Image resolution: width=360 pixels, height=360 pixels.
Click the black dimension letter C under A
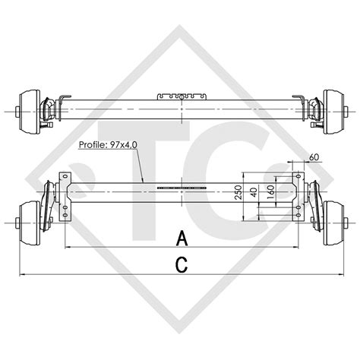(x=182, y=264)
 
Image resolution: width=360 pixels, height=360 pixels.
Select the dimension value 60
(x=314, y=157)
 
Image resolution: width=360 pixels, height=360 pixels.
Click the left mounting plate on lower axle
(x=69, y=190)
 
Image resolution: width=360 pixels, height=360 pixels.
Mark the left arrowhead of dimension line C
(x=21, y=273)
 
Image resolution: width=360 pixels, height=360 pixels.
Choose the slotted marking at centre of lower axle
(x=182, y=187)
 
